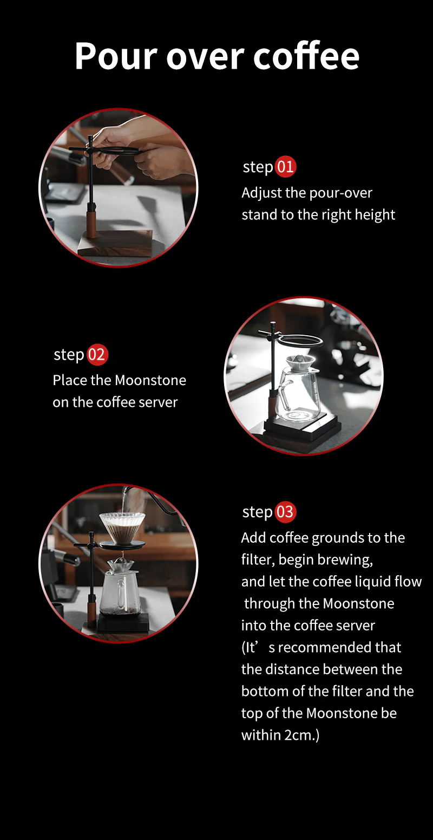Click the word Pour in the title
[116, 56]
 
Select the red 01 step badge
[285, 167]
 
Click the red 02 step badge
[97, 354]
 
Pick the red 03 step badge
[285, 512]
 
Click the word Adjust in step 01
[261, 193]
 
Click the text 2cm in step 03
[299, 735]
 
